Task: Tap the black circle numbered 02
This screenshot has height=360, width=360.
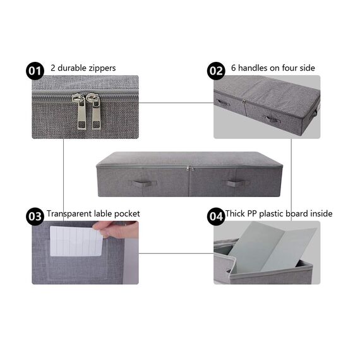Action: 216,70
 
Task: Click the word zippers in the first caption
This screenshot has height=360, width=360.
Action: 102,68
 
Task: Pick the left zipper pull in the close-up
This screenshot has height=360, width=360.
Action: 78,112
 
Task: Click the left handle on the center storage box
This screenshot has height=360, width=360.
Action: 139,183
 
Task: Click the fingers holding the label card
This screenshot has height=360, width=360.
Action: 114,231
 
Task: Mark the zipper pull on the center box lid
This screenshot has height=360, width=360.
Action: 188,169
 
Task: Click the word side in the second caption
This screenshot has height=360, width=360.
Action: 307,68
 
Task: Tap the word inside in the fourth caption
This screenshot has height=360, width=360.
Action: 321,213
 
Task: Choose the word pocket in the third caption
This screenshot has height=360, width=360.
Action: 126,213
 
